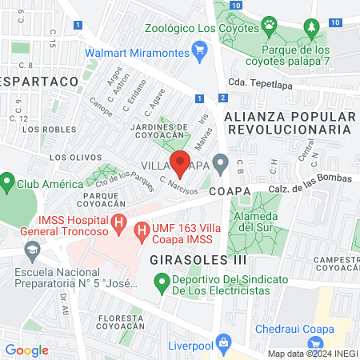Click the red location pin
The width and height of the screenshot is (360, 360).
coord(181,164)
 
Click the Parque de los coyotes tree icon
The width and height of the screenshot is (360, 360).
coord(310,30)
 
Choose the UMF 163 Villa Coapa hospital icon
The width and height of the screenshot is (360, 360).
coord(142,233)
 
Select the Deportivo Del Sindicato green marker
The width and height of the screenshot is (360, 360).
coord(161,281)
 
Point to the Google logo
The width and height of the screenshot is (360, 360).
coord(26,350)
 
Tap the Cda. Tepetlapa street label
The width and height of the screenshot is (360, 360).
coord(258,81)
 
